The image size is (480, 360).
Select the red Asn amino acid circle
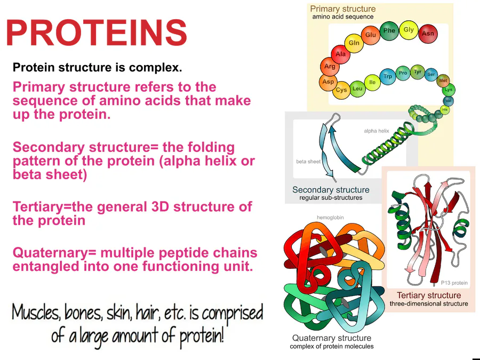click(x=428, y=34)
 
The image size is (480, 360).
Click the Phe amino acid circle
click(x=389, y=31)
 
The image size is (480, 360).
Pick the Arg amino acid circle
click(x=330, y=67)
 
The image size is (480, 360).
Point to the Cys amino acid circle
click(x=341, y=90)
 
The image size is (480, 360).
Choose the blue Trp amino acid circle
click(x=388, y=77)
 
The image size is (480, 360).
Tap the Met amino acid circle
click(x=443, y=81)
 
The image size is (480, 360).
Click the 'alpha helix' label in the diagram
click(x=377, y=131)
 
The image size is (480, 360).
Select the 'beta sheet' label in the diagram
click(x=308, y=162)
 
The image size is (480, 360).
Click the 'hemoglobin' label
click(x=330, y=218)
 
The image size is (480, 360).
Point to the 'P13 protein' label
click(x=454, y=283)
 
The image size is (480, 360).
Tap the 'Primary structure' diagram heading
click(x=343, y=9)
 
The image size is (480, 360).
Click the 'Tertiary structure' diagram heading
click(x=429, y=295)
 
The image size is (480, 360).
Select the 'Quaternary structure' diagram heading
click(x=332, y=338)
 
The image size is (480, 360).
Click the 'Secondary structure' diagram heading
click(x=331, y=190)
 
